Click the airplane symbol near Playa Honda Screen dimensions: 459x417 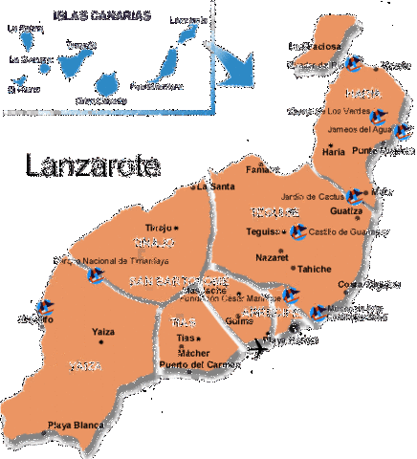256,350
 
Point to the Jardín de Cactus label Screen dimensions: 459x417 311,197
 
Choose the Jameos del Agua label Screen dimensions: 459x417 359,129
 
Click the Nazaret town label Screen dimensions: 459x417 273,257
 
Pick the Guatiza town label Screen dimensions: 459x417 345,210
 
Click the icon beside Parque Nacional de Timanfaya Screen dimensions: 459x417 96,275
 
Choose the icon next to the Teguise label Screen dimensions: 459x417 297,231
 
